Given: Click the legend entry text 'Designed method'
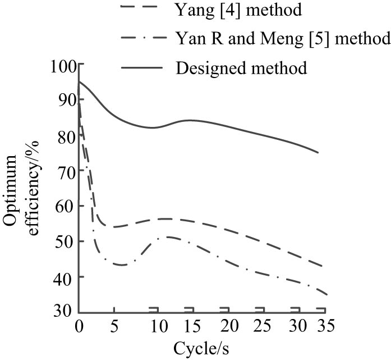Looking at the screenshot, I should click(241, 69).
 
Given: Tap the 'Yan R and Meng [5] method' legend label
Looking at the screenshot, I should click(282, 39).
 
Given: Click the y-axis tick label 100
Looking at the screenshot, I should click(65, 66).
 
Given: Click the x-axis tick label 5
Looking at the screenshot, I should click(114, 326).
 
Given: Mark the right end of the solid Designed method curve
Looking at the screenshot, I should click(318, 152).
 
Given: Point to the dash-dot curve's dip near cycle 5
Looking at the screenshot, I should click(121, 265).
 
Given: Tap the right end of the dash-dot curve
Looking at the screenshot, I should click(326, 294).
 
